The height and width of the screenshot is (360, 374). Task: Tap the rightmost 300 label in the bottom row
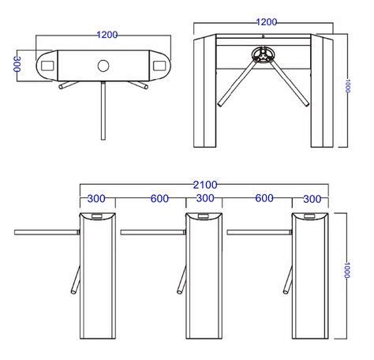[312, 199]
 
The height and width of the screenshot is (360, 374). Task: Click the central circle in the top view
[103, 65]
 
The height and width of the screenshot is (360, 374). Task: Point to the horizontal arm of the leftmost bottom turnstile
[47, 232]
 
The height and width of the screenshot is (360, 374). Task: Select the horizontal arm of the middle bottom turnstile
[152, 232]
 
